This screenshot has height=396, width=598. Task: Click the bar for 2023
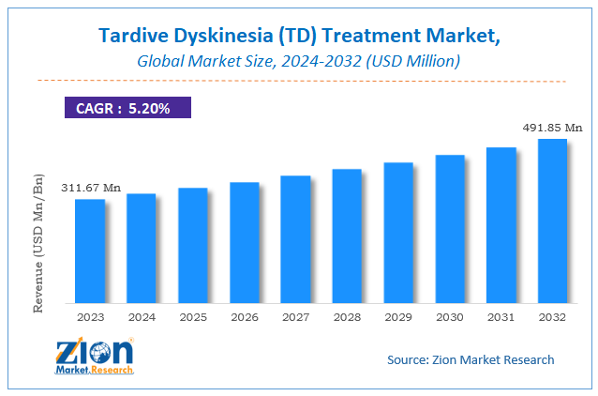pyautogui.click(x=90, y=251)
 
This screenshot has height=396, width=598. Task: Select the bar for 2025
pyautogui.click(x=192, y=245)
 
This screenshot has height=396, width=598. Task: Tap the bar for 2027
pyautogui.click(x=295, y=239)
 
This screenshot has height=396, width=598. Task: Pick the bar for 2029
pyautogui.click(x=398, y=233)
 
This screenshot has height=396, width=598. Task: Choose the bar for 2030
pyautogui.click(x=450, y=229)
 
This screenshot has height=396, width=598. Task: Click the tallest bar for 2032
pyautogui.click(x=552, y=221)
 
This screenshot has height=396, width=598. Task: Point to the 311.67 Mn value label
pyautogui.click(x=91, y=188)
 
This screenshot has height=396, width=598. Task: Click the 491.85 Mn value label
pyautogui.click(x=552, y=127)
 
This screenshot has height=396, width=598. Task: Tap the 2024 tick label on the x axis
pyautogui.click(x=142, y=317)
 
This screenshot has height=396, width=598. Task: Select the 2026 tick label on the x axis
pyautogui.click(x=244, y=317)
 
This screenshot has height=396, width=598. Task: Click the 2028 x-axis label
pyautogui.click(x=347, y=317)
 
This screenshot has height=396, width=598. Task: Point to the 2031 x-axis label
pyautogui.click(x=501, y=317)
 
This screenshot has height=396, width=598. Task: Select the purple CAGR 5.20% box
pyautogui.click(x=127, y=108)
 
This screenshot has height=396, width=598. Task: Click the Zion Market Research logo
pyautogui.click(x=94, y=358)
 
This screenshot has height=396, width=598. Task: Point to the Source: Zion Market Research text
pyautogui.click(x=471, y=359)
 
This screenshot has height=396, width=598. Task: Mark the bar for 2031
pyautogui.click(x=501, y=225)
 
